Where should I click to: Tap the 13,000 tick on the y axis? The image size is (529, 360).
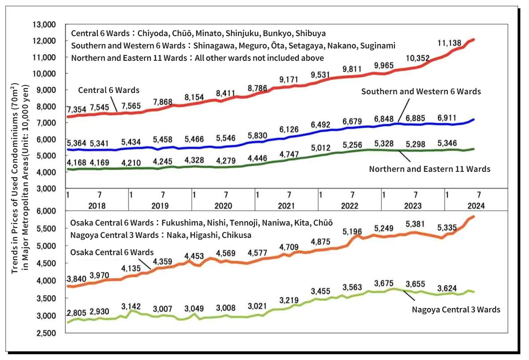[44, 24]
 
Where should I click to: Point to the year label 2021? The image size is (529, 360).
[286, 205]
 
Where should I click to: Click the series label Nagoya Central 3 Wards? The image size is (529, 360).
[456, 309]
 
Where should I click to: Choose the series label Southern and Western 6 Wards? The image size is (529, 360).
[421, 92]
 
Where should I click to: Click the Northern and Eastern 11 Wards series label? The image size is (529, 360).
[429, 169]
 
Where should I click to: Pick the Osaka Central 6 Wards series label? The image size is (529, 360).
[112, 252]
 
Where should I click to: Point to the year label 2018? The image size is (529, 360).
[97, 205]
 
